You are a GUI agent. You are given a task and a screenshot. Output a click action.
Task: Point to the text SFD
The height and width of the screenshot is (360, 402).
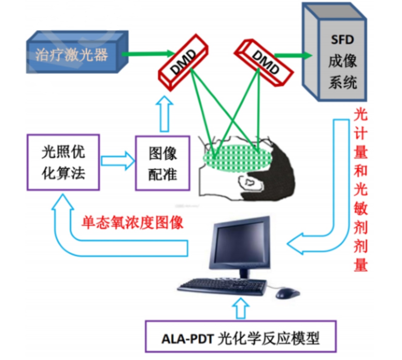342,40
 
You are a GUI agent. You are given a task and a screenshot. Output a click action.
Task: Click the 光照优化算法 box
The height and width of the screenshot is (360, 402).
63,163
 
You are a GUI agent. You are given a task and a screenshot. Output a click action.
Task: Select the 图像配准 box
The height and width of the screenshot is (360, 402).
163,163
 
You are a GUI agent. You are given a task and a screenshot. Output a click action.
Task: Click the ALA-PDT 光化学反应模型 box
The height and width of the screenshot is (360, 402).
241,337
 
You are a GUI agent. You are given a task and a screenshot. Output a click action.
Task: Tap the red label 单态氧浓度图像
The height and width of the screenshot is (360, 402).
132,223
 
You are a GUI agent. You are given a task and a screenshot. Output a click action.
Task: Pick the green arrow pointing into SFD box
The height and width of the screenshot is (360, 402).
293,56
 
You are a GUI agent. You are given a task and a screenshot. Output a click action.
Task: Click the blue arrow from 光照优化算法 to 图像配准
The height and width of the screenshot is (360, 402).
117,161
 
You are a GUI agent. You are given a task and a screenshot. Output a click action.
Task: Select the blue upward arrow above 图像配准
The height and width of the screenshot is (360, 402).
164,114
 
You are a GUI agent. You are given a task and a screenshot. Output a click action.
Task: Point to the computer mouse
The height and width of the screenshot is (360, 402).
286,293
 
